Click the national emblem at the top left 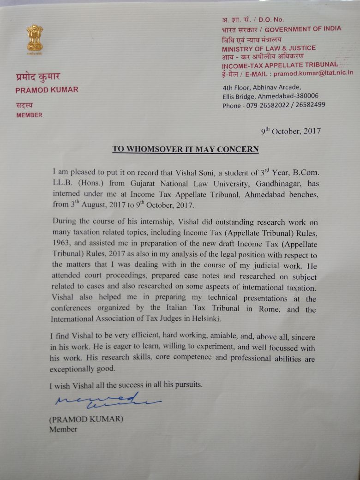pyautogui.click(x=35, y=40)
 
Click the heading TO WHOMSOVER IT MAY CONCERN pyautogui.click(x=186, y=150)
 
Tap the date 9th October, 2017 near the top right pyautogui.click(x=291, y=131)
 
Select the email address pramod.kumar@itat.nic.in pyautogui.click(x=313, y=73)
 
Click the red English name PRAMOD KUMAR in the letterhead pyautogui.click(x=47, y=90)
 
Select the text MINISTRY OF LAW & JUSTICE pyautogui.click(x=269, y=48)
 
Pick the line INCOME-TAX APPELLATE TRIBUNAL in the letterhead pyautogui.click(x=280, y=65)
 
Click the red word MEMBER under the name pyautogui.click(x=30, y=115)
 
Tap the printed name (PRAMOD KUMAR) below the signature pyautogui.click(x=86, y=420)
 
